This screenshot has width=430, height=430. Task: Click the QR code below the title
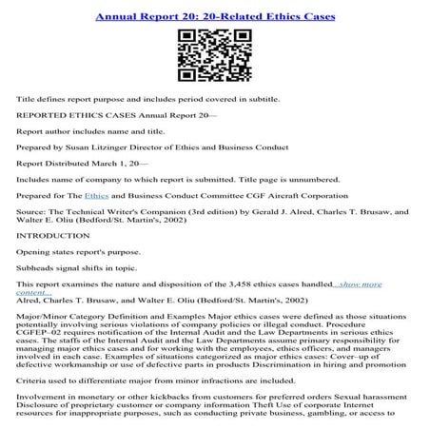pyautogui.click(x=214, y=56)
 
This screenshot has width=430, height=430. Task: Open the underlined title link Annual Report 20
pyautogui.click(x=214, y=16)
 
